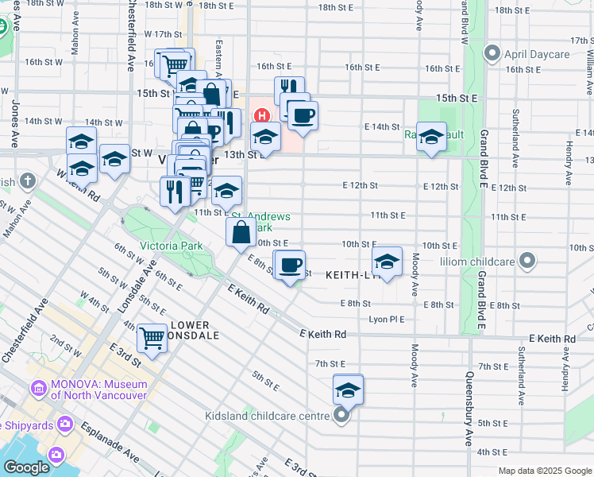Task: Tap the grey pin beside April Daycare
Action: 492,55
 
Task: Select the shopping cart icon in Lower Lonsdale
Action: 152,337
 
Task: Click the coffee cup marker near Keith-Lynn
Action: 290,263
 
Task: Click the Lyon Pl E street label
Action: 387,319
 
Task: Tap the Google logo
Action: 25,467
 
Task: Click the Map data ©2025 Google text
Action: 544,471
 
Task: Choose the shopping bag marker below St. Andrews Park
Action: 241,233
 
